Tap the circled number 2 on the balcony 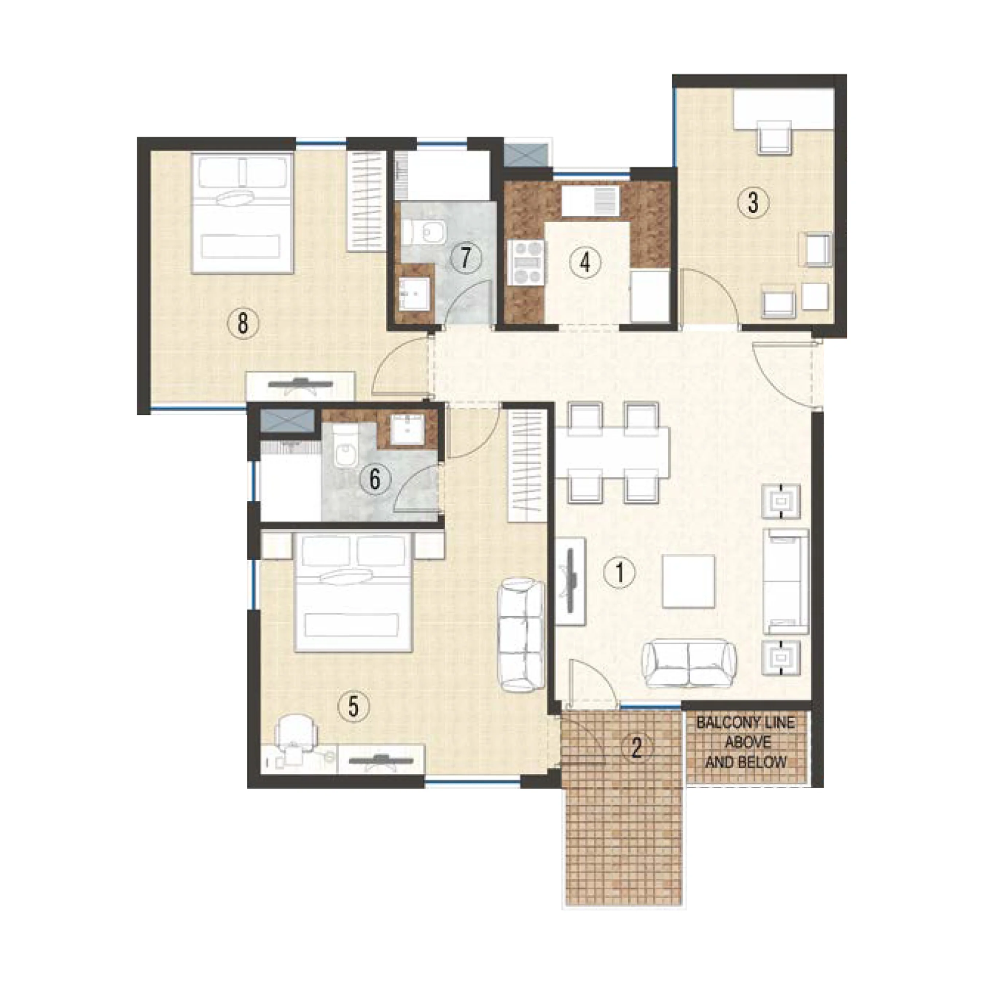click(x=637, y=748)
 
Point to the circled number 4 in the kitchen click(x=585, y=263)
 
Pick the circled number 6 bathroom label click(x=375, y=479)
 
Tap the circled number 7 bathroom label click(x=465, y=258)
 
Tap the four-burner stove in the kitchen click(x=526, y=263)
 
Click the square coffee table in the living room click(x=688, y=581)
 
